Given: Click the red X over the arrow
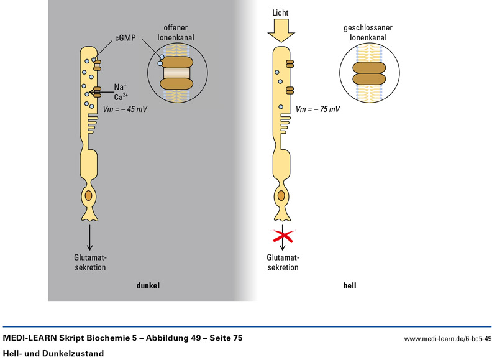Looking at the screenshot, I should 283,236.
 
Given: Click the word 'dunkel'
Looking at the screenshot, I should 148,286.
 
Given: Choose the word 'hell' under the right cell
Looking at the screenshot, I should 350,286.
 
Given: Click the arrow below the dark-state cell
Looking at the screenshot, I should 91,236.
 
